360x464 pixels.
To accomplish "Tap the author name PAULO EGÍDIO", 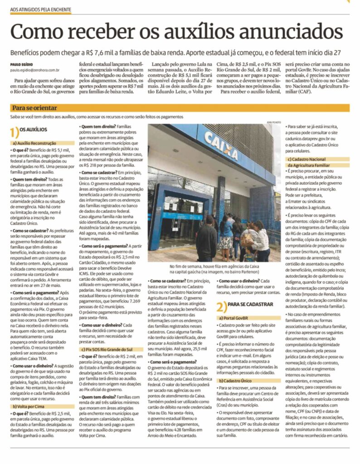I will click(20, 65).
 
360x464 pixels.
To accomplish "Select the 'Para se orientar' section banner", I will click(34, 108).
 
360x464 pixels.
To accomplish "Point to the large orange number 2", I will click(221, 306).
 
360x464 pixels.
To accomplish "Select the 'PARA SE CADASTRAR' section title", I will click(250, 304).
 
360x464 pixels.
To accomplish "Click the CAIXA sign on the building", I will click(220, 145).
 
